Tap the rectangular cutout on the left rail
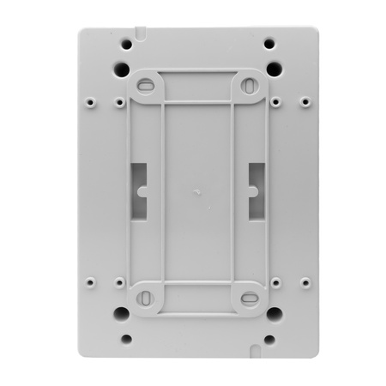click(x=139, y=190)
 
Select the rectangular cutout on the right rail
click(x=256, y=190)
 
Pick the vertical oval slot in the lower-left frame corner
click(x=145, y=299)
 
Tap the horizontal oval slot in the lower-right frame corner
click(x=250, y=299)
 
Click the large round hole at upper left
click(x=123, y=69)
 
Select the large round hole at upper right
click(x=274, y=69)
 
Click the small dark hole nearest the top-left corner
click(x=126, y=44)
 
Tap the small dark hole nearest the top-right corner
click(x=269, y=44)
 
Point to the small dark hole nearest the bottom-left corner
click(x=126, y=339)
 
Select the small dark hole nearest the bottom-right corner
click(x=269, y=339)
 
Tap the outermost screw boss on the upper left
click(x=90, y=101)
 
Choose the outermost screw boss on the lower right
click(x=305, y=280)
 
